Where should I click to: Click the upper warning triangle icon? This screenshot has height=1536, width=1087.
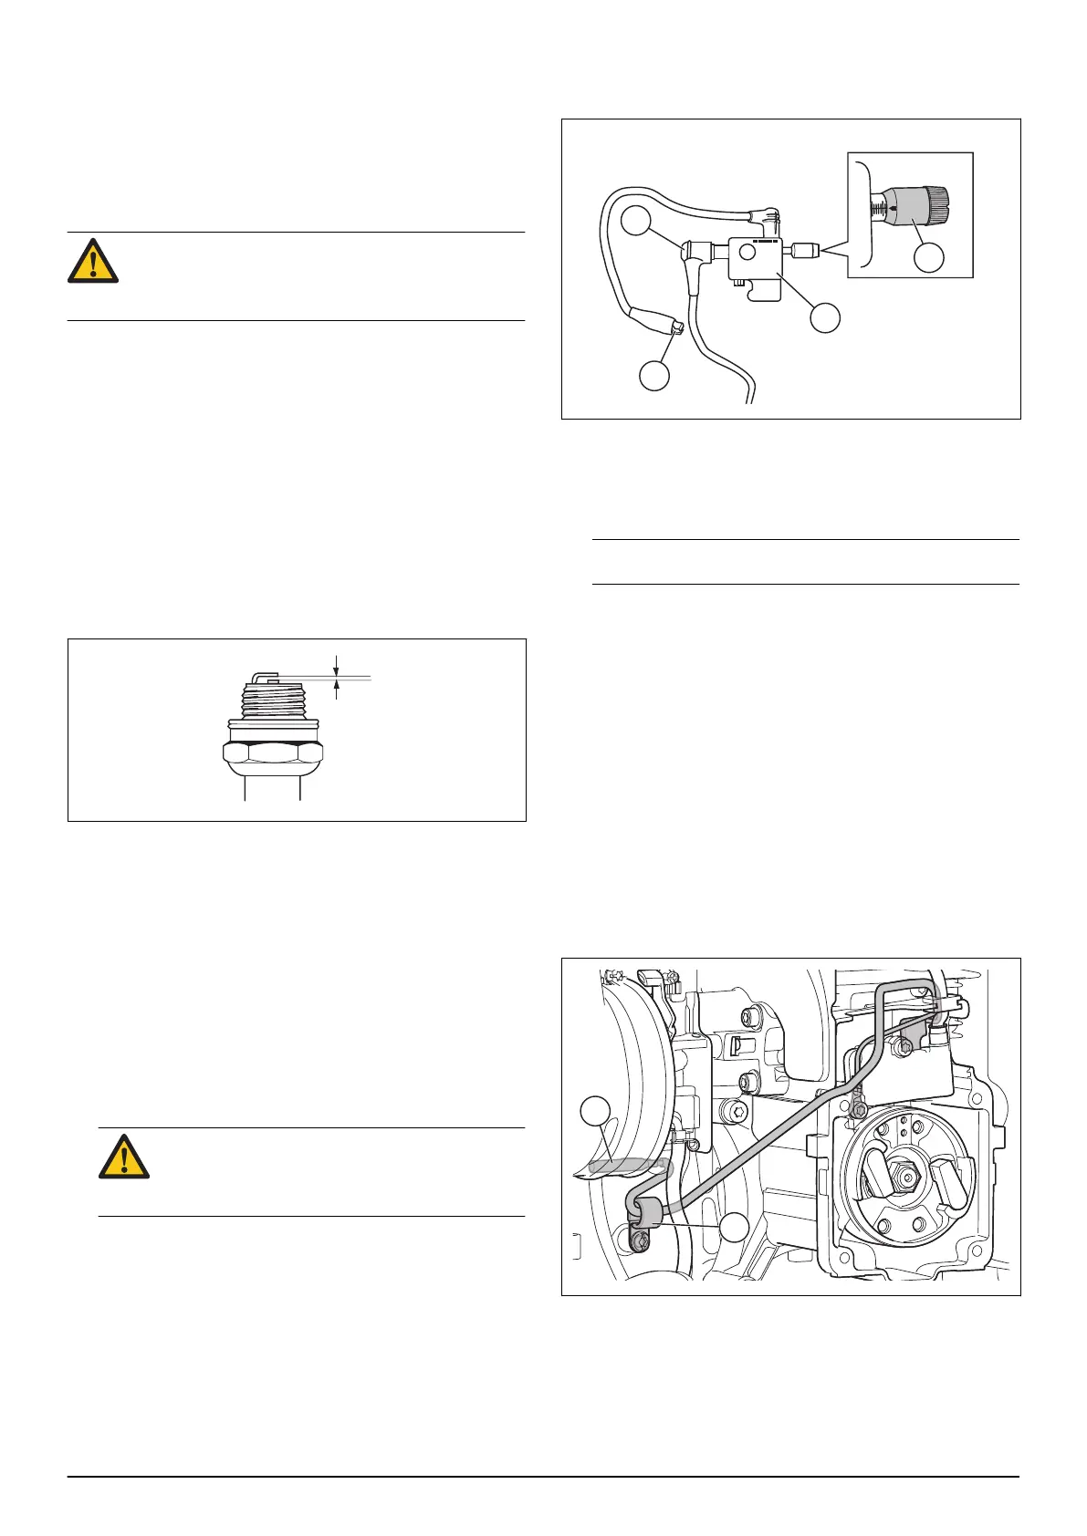(93, 261)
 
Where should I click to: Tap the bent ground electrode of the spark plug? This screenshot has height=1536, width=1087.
(264, 676)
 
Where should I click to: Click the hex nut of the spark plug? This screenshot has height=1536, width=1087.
(272, 756)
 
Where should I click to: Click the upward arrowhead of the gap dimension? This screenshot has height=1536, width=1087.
(337, 685)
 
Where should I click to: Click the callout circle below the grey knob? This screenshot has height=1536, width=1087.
(929, 257)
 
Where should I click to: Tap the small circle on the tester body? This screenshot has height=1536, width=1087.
(747, 252)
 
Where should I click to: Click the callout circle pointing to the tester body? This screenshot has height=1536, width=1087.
(826, 317)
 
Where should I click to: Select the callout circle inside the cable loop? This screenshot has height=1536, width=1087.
(635, 222)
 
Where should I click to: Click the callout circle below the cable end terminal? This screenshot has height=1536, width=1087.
(654, 376)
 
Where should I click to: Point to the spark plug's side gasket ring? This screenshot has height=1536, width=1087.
(272, 727)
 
